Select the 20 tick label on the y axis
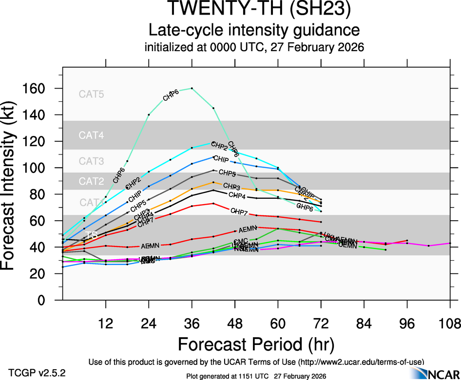pyautogui.click(x=38, y=274)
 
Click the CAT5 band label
pyautogui.click(x=92, y=95)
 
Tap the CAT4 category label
pyautogui.click(x=92, y=135)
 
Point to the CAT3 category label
pyautogui.click(x=92, y=161)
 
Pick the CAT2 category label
pyautogui.click(x=92, y=182)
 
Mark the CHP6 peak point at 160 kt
pyautogui.click(x=192, y=88)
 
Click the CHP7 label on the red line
pyautogui.click(x=239, y=211)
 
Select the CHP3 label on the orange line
pyautogui.click(x=231, y=187)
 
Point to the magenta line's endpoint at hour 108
pyautogui.click(x=450, y=243)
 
